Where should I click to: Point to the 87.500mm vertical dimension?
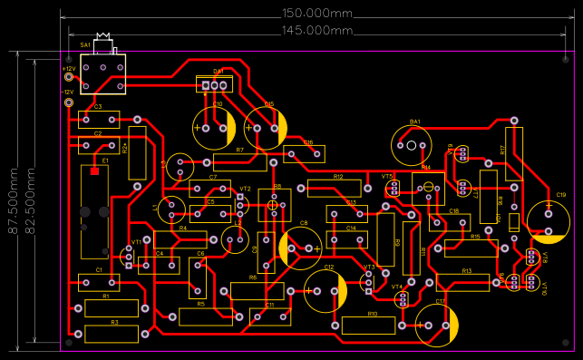click(14, 200)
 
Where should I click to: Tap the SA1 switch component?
click(102, 73)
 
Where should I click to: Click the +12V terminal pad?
click(69, 79)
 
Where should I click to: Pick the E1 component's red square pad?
click(94, 170)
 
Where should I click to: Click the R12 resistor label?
click(338, 177)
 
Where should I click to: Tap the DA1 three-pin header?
click(215, 85)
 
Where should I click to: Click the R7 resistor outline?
click(239, 161)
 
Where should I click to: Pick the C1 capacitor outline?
click(99, 282)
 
